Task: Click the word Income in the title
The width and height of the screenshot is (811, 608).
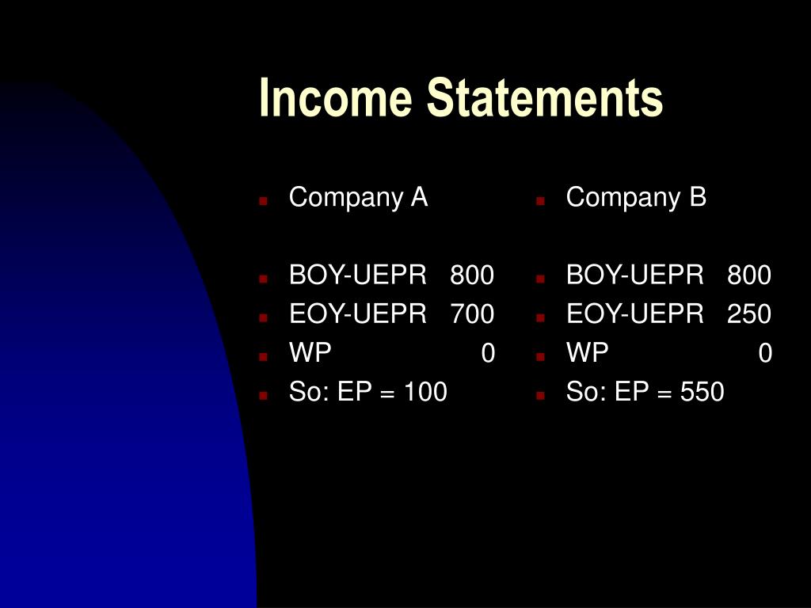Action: pos(335,97)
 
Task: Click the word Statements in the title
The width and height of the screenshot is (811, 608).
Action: pos(545,97)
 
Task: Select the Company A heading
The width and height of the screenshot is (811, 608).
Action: pos(359,198)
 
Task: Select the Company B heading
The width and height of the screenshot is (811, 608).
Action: pos(636,198)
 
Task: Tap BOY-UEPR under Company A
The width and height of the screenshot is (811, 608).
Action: pos(358,275)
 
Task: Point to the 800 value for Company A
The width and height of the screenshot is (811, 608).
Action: pos(472,275)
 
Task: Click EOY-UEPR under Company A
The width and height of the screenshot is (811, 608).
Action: pos(358,313)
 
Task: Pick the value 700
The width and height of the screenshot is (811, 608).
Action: pos(472,313)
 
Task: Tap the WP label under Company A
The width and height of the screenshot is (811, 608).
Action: pos(310,352)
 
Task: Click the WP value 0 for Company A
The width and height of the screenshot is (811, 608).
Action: pos(488,353)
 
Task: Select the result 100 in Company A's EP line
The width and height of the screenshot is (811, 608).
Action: pos(425,392)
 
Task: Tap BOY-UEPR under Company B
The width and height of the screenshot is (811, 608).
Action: pos(635,275)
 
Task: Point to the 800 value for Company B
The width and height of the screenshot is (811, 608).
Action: pos(749,275)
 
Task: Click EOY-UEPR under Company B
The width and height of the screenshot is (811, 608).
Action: pos(635,313)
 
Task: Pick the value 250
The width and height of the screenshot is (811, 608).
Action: pos(749,313)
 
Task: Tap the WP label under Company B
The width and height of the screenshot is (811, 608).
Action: pos(588,352)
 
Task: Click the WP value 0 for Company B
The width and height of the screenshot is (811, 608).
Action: pos(765,353)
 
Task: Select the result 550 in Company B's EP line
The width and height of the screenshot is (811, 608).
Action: pos(702,392)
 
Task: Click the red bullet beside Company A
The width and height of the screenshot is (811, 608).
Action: pos(263,201)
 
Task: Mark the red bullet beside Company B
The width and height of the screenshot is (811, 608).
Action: pos(540,201)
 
